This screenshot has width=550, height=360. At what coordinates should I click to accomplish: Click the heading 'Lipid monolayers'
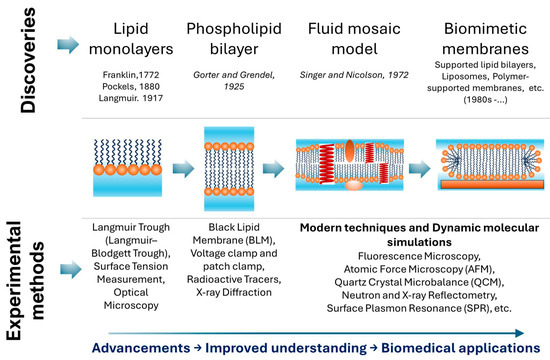(131, 39)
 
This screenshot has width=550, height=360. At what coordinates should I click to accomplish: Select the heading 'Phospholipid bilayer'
(234, 39)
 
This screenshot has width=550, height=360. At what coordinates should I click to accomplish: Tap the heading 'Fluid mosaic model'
(354, 39)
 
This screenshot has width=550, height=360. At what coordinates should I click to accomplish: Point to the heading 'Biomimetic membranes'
(485, 39)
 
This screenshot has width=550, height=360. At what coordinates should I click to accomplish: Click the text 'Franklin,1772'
(131, 75)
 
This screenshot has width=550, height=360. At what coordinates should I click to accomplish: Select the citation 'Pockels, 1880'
(131, 86)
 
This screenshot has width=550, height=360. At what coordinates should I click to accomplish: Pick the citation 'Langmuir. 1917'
(131, 98)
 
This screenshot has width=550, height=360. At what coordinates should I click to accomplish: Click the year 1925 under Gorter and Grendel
(234, 87)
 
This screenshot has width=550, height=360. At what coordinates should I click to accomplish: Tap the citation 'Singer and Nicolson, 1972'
(354, 75)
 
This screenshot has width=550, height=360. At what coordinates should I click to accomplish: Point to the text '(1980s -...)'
(485, 100)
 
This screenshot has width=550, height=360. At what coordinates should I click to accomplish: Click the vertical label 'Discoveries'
(28, 60)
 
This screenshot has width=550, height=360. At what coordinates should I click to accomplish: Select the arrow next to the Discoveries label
(68, 45)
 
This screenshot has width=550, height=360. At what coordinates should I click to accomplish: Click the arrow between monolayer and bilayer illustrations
(183, 169)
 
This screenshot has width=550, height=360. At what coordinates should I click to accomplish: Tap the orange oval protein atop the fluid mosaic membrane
(349, 151)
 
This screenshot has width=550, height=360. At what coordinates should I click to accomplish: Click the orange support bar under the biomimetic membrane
(492, 185)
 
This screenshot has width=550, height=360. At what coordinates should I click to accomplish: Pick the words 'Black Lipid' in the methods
(234, 227)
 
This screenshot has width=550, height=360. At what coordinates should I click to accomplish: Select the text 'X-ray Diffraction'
(234, 292)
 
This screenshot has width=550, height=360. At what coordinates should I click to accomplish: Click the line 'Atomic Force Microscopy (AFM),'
(419, 269)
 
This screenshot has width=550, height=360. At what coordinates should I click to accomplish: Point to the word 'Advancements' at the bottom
(141, 348)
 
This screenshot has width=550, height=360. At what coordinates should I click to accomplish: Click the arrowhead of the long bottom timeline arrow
(520, 333)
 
